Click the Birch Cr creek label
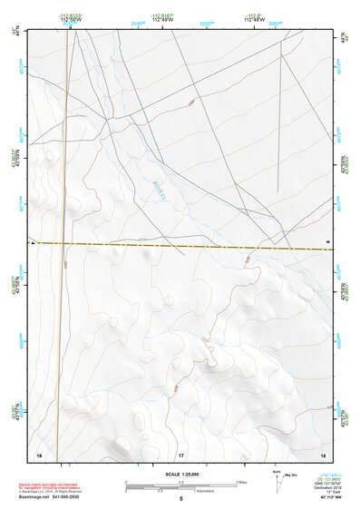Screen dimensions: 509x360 (161, 188)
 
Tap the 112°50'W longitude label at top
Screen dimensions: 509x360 (72, 20)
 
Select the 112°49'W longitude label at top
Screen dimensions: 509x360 (163, 20)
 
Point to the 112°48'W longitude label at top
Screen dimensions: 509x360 (254, 20)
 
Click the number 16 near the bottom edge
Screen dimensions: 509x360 (39, 454)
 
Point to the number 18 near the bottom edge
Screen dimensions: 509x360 (324, 454)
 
